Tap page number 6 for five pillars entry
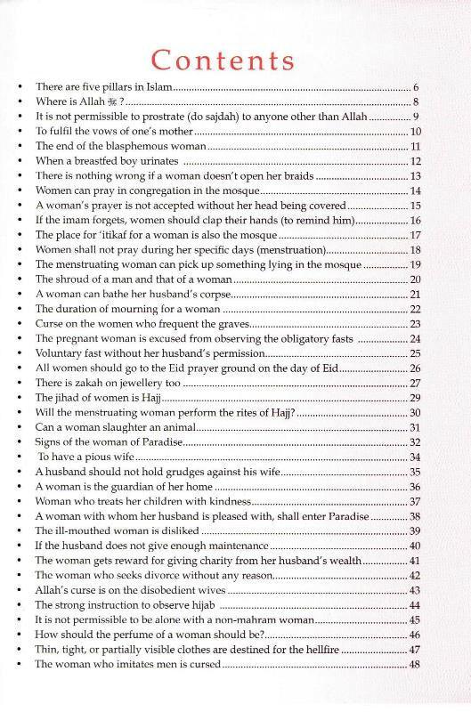416,88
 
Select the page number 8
416,102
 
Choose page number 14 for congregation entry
414,190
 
